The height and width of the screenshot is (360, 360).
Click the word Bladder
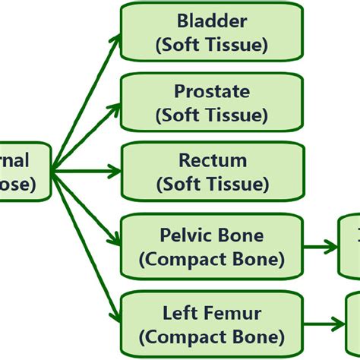[x=212, y=22]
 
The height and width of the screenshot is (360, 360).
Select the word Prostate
[x=212, y=92]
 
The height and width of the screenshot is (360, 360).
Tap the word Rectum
[x=212, y=160]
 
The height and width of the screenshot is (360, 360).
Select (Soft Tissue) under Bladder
[x=212, y=45]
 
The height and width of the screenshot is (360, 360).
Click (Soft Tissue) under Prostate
[x=212, y=115]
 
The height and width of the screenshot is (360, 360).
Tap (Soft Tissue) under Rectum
[x=212, y=184]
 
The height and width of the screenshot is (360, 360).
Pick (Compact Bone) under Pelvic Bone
[x=212, y=260]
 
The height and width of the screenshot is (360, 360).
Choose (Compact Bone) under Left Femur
[x=212, y=336]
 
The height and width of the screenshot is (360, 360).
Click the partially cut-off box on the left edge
[x=23, y=172]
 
